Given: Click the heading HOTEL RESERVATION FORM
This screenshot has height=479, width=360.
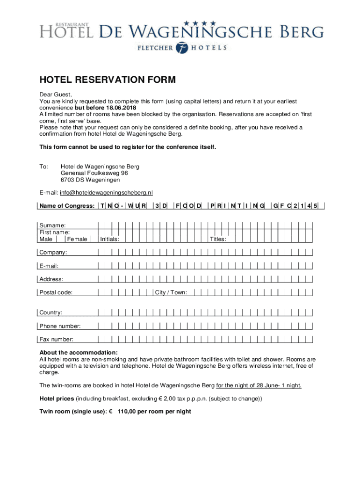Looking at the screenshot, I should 108,80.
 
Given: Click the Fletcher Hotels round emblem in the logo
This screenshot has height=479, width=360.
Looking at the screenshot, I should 182,48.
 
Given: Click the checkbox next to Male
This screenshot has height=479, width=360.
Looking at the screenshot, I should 60,239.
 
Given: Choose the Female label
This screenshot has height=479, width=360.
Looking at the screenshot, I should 77,239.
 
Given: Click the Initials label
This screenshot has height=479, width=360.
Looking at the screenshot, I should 109,239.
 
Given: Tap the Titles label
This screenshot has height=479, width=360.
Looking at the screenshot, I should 218,239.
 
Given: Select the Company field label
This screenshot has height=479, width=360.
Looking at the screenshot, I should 53,253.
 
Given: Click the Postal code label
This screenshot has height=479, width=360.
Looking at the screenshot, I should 56,293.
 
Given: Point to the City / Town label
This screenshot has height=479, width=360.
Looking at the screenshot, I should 171,293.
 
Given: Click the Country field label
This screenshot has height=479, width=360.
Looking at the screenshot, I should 50,312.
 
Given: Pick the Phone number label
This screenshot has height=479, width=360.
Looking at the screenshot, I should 60,326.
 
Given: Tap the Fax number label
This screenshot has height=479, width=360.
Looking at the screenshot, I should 56,339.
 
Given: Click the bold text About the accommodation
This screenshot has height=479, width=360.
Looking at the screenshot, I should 79,352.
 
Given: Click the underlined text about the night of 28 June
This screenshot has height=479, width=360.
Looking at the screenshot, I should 259,385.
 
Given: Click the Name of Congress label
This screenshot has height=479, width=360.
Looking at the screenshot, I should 67,206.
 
